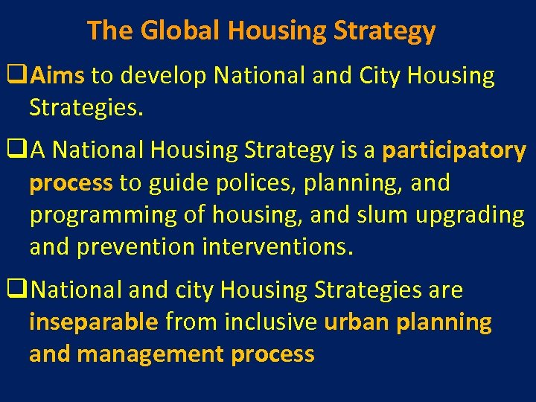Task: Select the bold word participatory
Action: (454, 151)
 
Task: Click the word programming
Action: (109, 215)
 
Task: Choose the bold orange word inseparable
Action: (94, 322)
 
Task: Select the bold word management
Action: (152, 354)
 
